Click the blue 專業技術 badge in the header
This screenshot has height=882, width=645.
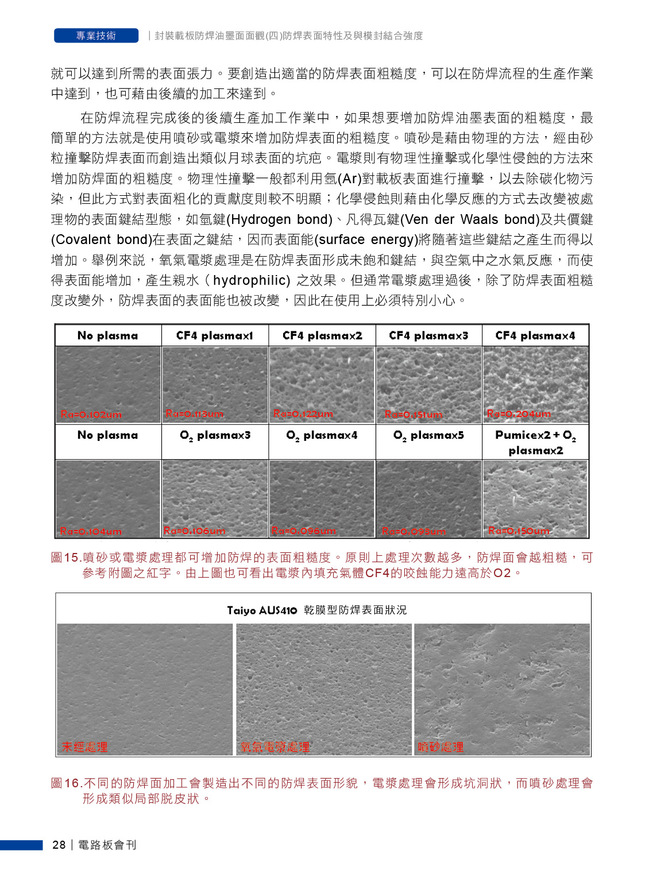pyautogui.click(x=96, y=36)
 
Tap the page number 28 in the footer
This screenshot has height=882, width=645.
pyautogui.click(x=59, y=845)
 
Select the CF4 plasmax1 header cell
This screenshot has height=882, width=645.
pyautogui.click(x=215, y=335)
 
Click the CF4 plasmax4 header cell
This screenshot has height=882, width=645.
pyautogui.click(x=535, y=335)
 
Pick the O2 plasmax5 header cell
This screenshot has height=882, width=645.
pyautogui.click(x=428, y=436)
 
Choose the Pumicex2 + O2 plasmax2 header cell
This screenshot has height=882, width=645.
pyautogui.click(x=535, y=442)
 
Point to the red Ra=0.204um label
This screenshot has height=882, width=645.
pyautogui.click(x=519, y=413)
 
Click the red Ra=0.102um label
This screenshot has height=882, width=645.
pyautogui.click(x=91, y=415)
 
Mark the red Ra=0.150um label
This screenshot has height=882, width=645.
pyautogui.click(x=519, y=531)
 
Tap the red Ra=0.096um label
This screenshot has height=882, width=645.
pyautogui.click(x=303, y=531)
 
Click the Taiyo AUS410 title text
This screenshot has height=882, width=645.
pyautogui.click(x=262, y=610)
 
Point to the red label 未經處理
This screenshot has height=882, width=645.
pyautogui.click(x=84, y=747)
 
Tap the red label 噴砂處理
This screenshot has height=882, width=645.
pyautogui.click(x=441, y=747)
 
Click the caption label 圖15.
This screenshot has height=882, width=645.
pyautogui.click(x=65, y=558)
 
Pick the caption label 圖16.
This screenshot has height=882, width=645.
pyautogui.click(x=65, y=783)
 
